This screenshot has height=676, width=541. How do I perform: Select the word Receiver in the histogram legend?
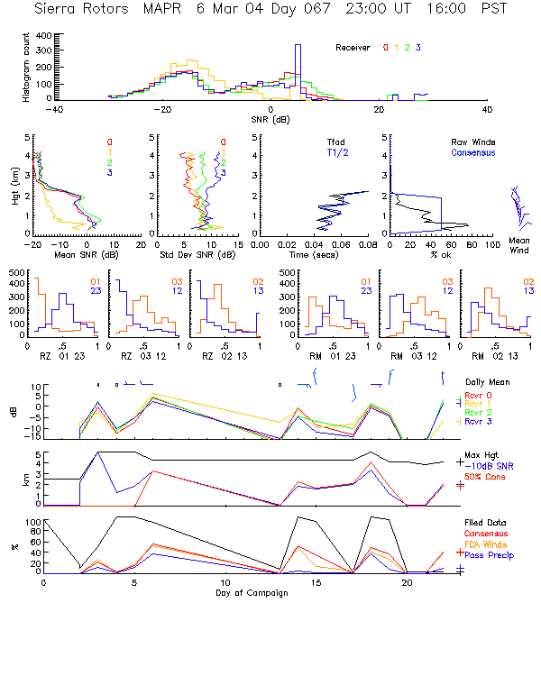354,47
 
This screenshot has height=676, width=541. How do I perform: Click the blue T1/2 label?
335,153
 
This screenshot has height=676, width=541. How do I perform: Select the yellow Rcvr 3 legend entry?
480,421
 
